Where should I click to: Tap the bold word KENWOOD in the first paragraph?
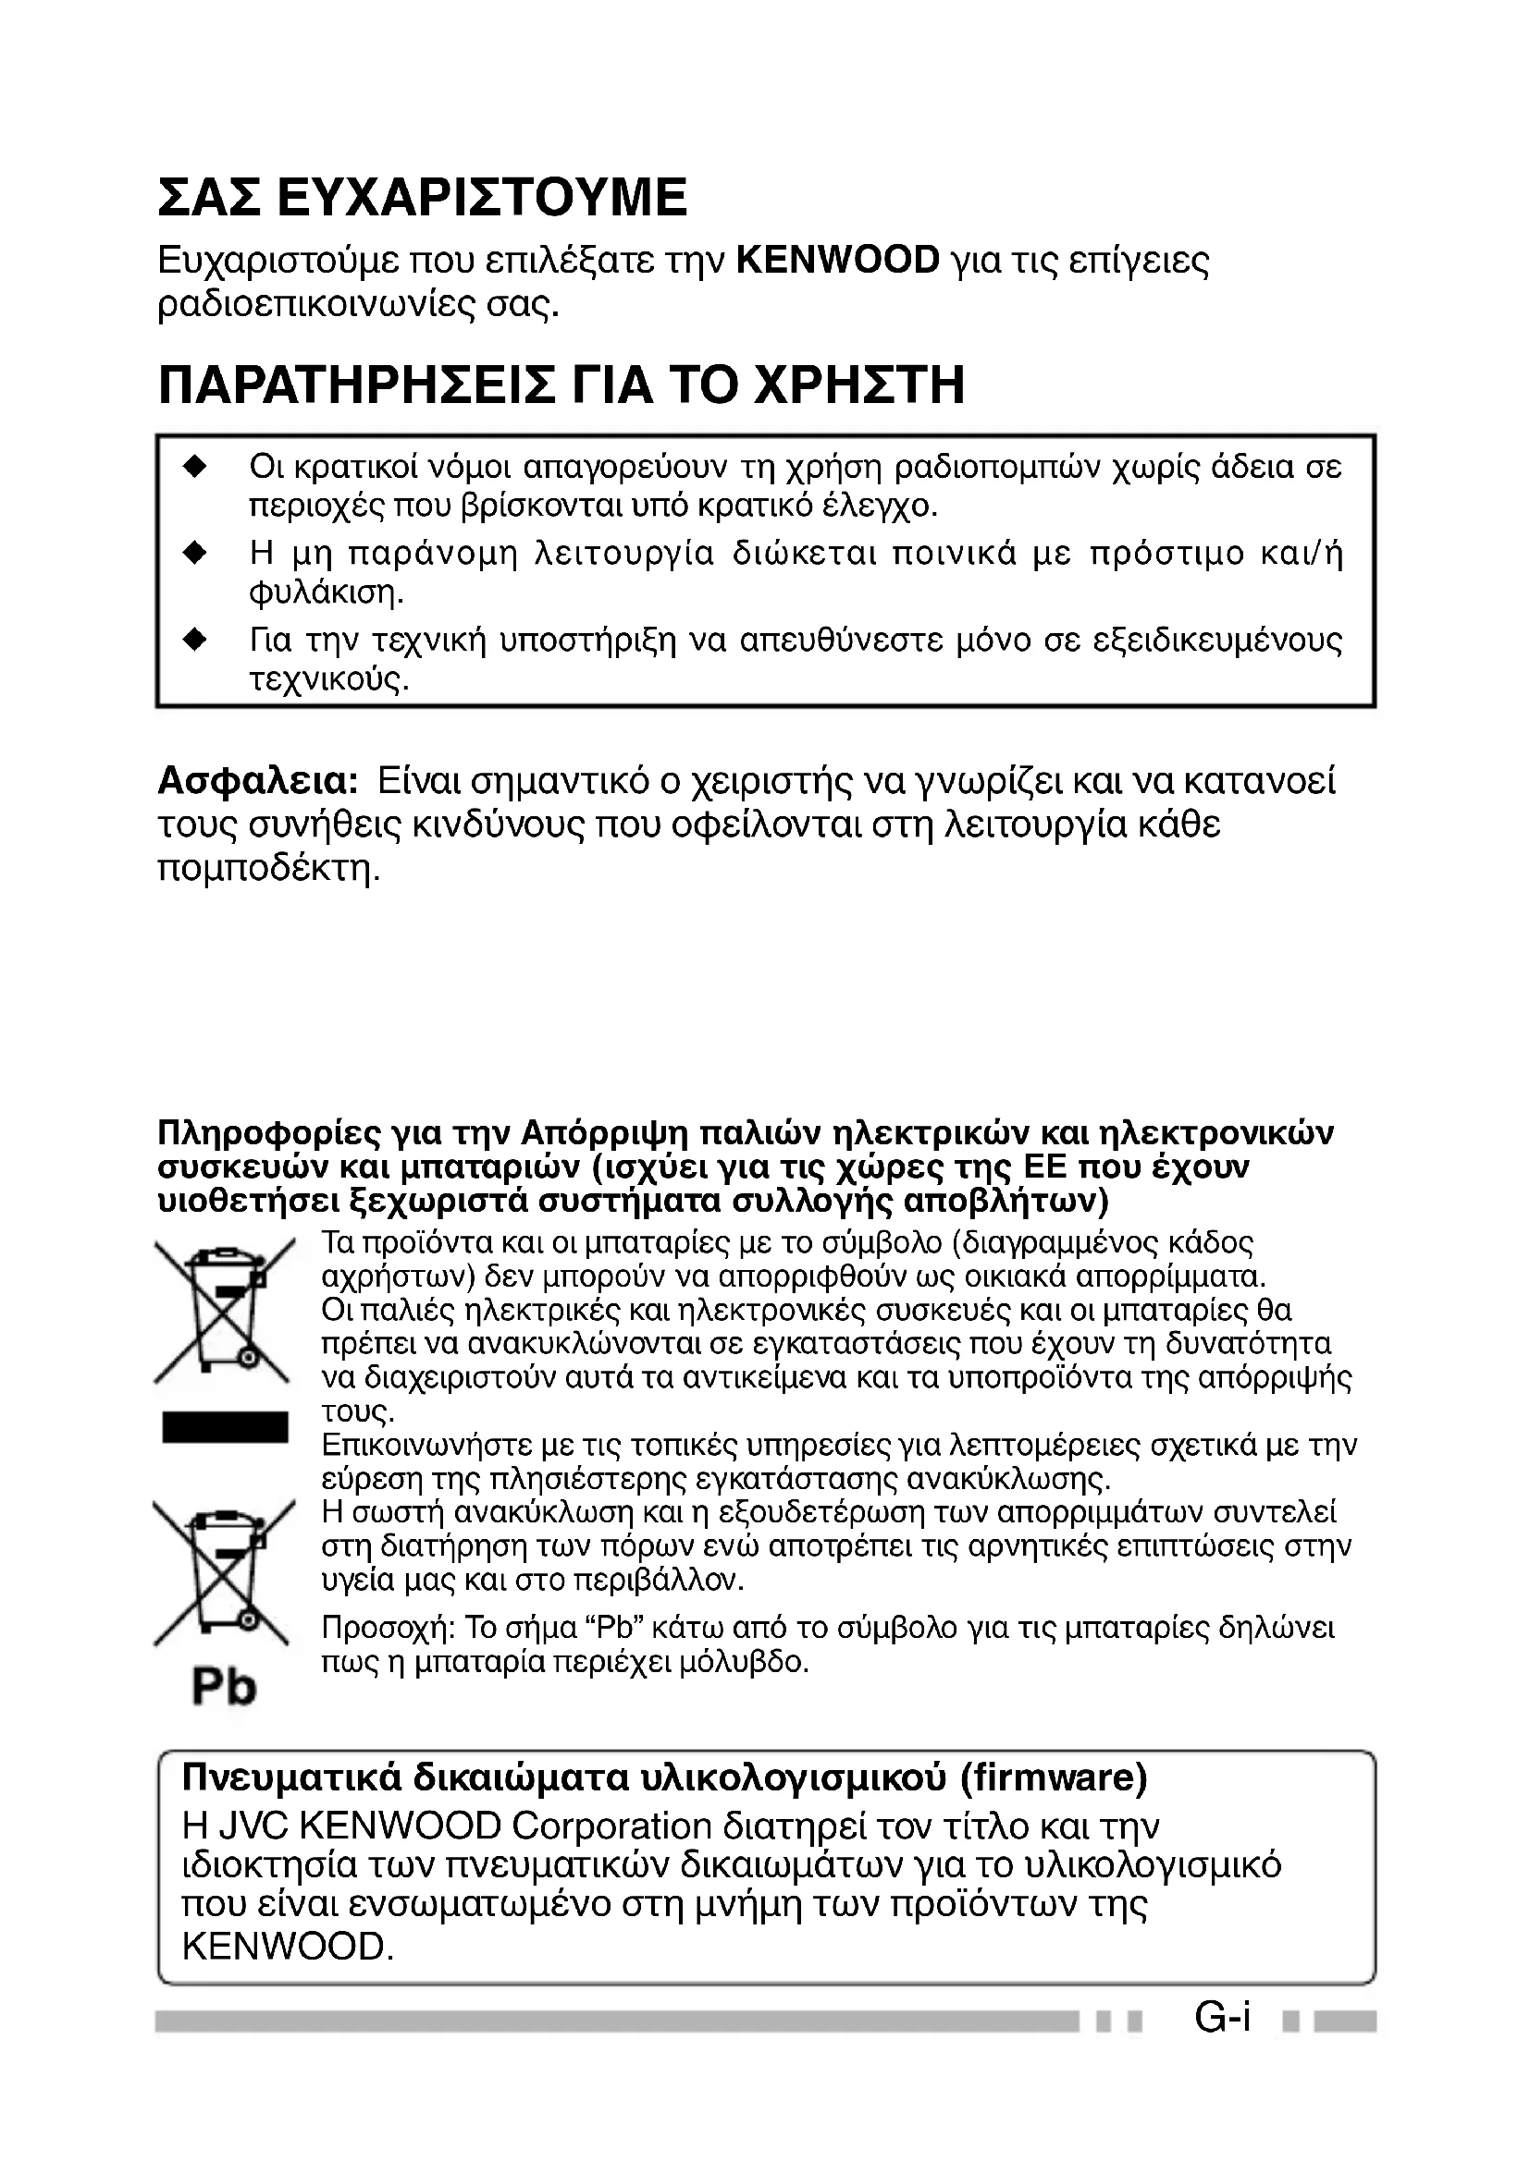coord(837,260)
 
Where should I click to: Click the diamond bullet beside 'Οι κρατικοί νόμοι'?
coord(195,466)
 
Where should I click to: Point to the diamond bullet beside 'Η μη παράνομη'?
coord(195,553)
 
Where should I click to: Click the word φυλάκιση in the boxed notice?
coord(326,593)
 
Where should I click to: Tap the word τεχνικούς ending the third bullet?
coord(328,680)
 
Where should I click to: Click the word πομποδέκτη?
coord(268,867)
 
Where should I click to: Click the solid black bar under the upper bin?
coord(224,1426)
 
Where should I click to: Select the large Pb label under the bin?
coord(224,1686)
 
